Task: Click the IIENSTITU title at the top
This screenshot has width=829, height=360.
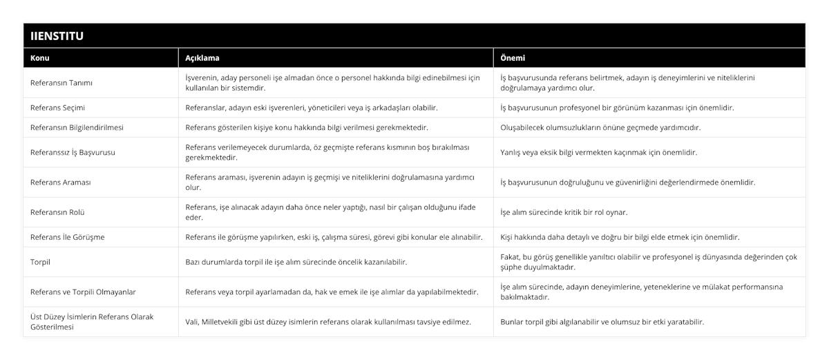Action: coord(57,35)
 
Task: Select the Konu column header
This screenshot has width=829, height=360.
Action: coord(41,58)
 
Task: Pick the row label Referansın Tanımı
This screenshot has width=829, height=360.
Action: coord(62,83)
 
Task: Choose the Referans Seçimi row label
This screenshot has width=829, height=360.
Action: coord(58,108)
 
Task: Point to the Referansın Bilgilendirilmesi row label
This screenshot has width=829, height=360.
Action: coord(77,128)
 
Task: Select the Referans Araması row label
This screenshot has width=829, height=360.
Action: coord(61,182)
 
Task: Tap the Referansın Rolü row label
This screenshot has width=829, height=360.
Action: coord(58,212)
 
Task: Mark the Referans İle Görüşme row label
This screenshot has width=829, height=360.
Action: coord(68,237)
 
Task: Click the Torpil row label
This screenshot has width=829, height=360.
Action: coord(41,262)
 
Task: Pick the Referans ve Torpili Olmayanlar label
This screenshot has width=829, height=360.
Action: coord(83,292)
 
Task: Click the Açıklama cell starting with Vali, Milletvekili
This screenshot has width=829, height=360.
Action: coord(329,322)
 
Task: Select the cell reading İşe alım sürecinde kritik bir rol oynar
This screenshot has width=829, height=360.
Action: coord(564,212)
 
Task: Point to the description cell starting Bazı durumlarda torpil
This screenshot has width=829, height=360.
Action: coord(296,262)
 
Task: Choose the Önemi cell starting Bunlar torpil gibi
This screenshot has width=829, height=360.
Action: coord(602,322)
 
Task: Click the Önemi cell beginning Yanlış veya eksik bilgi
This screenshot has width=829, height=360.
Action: coord(598,153)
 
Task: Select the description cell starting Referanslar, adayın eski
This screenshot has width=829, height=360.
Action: coord(311,108)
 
